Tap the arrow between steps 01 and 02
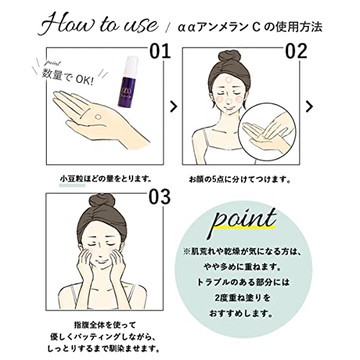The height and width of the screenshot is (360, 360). [x=173, y=107]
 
